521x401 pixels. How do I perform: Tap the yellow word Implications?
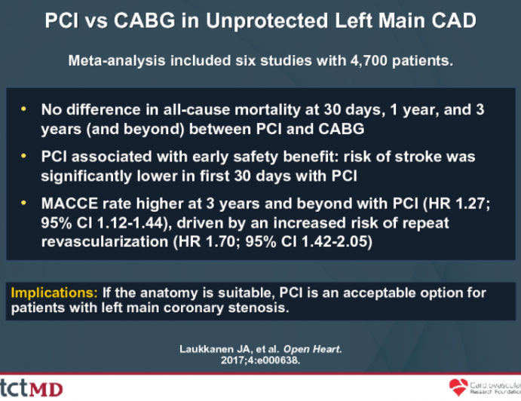click(x=46, y=292)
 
